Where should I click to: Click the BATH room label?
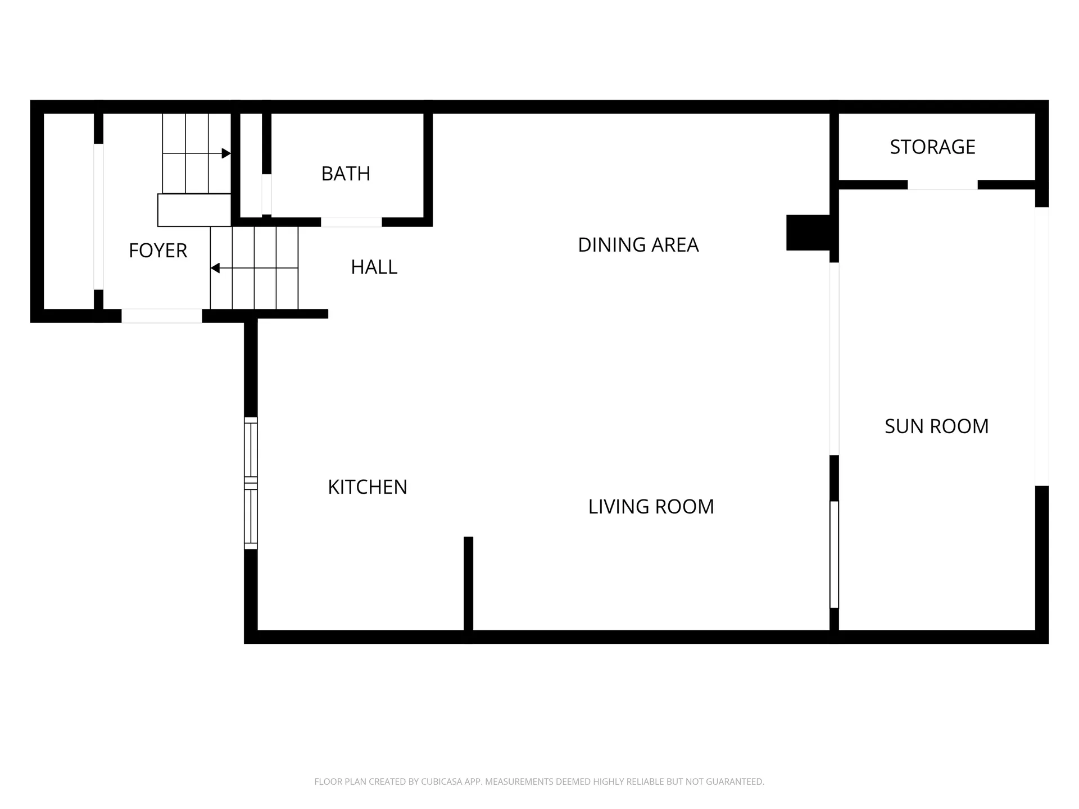point(346,174)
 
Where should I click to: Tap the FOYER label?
point(157,251)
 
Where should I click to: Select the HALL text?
point(374,267)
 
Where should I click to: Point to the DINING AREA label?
point(638,245)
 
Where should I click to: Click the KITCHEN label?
point(367,487)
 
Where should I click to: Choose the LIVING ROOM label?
point(651,507)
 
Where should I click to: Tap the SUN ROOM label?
point(936,426)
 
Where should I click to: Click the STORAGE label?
point(932,147)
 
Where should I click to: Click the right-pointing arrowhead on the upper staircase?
point(226,153)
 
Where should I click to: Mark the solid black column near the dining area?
point(808,233)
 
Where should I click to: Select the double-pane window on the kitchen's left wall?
point(251,483)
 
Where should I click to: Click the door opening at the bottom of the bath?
point(351,222)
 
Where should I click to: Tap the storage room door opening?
point(942,185)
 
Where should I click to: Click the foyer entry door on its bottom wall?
point(162,316)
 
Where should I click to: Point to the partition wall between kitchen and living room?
point(468,584)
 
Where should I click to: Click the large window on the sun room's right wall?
point(1041,346)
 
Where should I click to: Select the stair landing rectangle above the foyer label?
point(194,210)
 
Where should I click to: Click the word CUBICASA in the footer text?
point(441,781)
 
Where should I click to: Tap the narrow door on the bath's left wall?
point(266,194)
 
